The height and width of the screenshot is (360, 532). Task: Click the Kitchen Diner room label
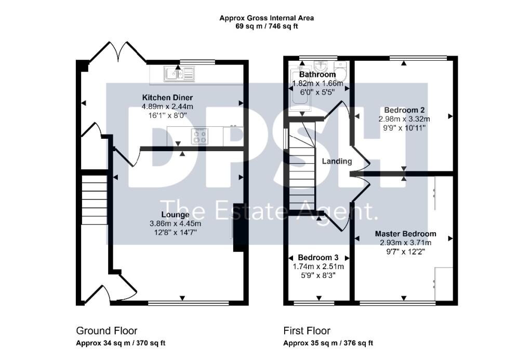pos(167,98)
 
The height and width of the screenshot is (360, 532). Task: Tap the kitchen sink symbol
pos(179,74)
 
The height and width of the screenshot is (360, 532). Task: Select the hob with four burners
pos(199,137)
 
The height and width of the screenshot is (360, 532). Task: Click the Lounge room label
pos(175,215)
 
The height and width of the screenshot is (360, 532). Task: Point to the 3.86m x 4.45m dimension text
pos(175,223)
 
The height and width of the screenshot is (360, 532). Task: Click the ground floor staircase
pos(95,199)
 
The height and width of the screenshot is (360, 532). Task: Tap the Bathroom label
pos(317,74)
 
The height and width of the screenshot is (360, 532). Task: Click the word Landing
pos(337,161)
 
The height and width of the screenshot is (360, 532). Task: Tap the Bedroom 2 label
pos(404,110)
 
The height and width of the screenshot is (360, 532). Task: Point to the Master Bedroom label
pos(405,234)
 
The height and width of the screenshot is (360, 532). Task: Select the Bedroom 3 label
pos(318,258)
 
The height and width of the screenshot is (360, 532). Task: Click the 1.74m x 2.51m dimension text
pos(318,266)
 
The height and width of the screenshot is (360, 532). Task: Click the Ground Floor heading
pos(107,331)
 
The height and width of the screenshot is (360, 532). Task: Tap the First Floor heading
pos(307,331)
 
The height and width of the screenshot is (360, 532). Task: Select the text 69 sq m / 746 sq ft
pos(267,26)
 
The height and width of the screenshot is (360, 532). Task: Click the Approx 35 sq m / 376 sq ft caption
pos(328,343)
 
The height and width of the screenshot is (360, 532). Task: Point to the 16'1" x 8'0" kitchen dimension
pos(168,116)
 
